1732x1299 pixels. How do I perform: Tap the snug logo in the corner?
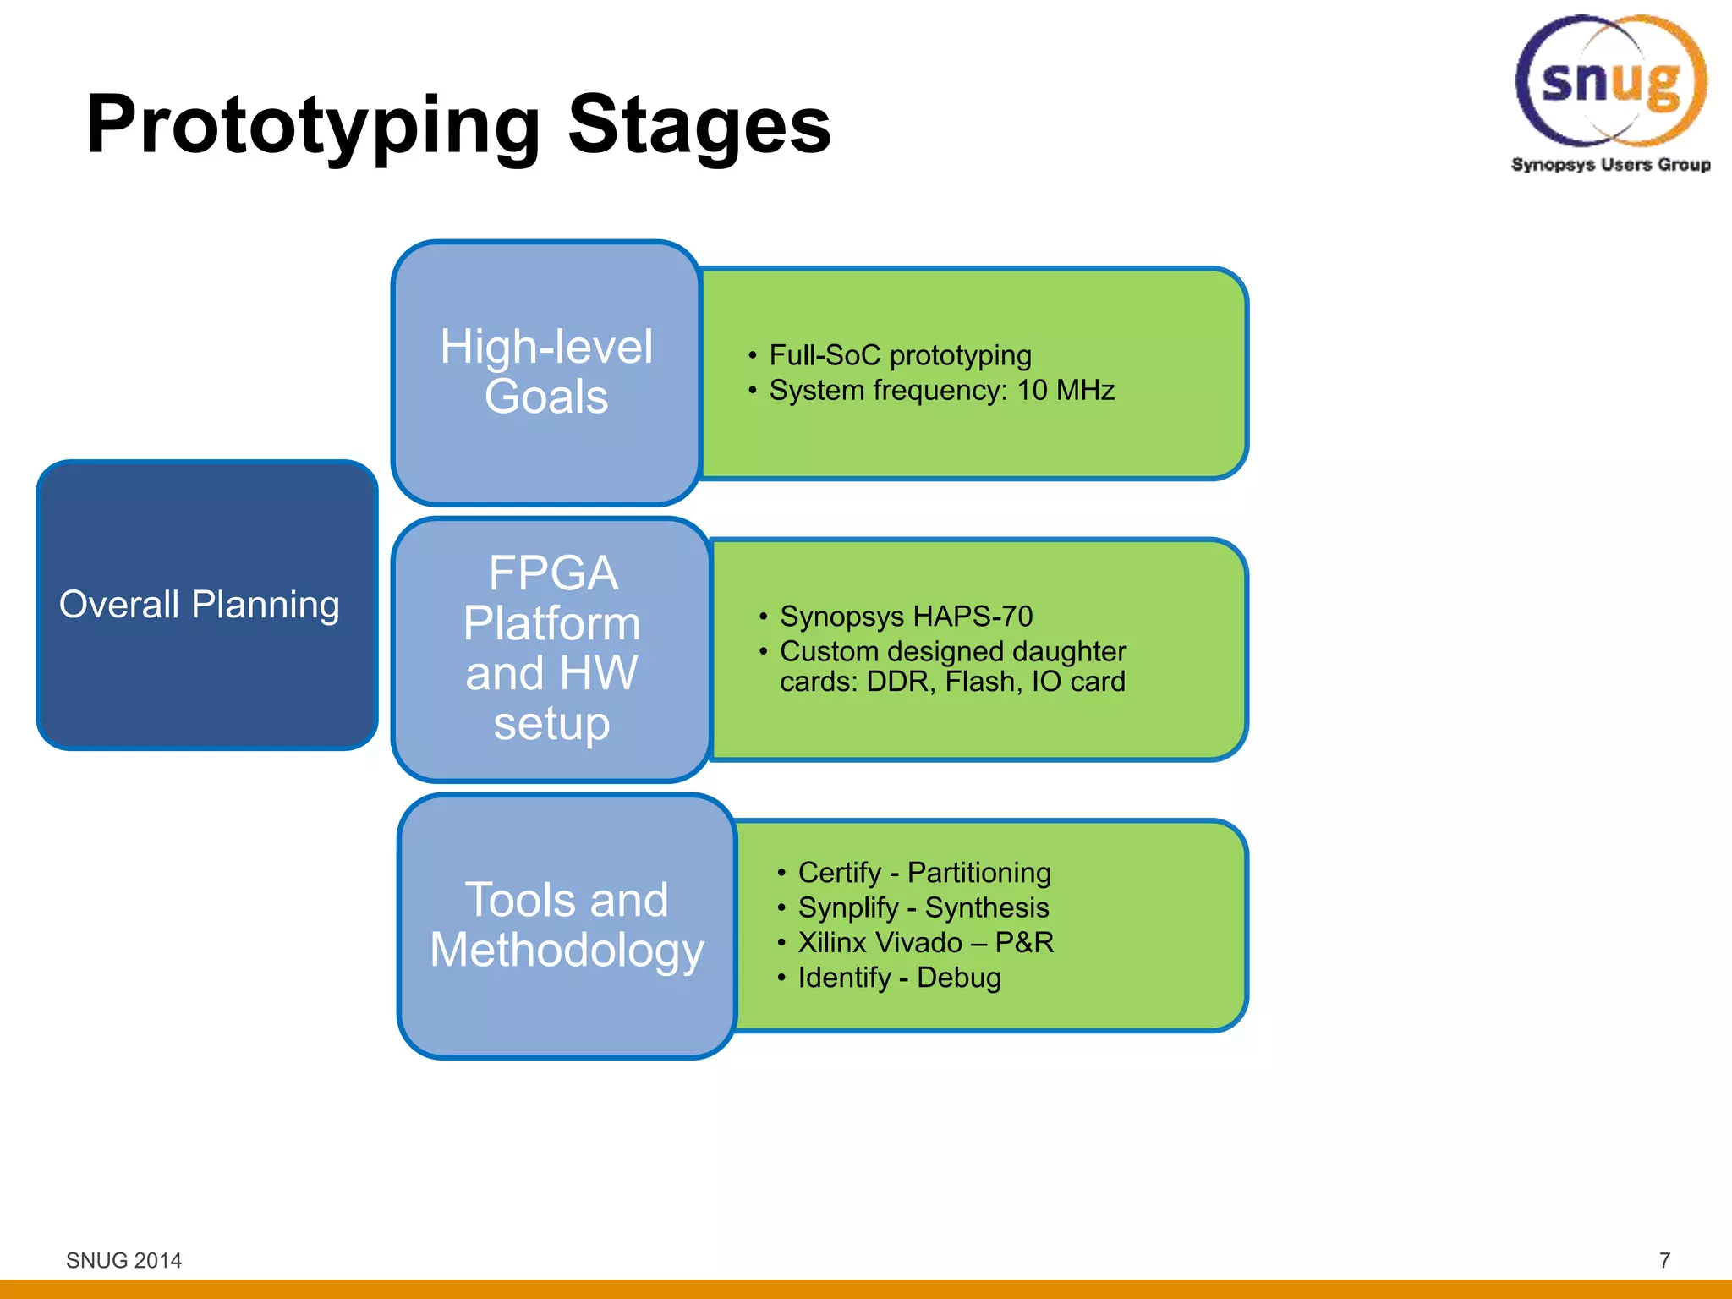point(1610,80)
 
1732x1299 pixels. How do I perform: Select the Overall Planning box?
point(206,605)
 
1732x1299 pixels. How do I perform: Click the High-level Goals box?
point(546,372)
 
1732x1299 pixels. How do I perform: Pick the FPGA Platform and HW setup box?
point(551,648)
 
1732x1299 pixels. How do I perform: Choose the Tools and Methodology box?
point(567,925)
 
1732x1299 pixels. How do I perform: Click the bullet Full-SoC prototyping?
point(900,355)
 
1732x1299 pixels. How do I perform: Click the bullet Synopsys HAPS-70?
point(906,617)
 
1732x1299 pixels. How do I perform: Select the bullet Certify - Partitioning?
point(924,873)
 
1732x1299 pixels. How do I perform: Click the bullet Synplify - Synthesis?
point(923,907)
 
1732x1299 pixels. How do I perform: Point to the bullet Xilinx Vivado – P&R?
point(925,943)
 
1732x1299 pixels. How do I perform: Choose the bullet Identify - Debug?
point(899,978)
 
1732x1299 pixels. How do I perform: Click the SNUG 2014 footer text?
point(123,1260)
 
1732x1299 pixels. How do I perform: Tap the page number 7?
point(1664,1260)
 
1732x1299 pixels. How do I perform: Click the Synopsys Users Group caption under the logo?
point(1610,164)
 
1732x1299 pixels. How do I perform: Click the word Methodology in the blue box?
point(567,951)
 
